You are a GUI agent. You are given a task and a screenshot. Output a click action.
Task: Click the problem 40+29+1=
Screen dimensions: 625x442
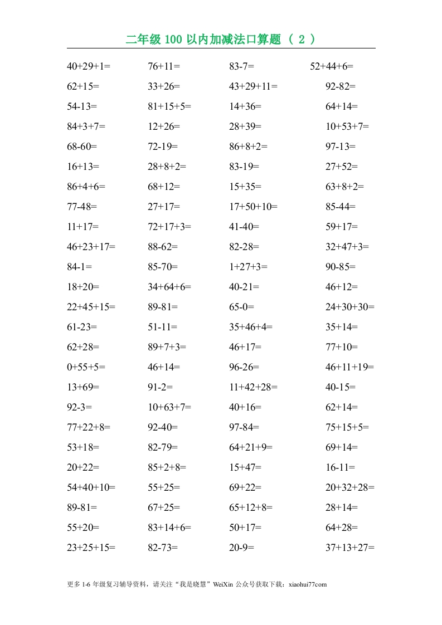click(x=89, y=66)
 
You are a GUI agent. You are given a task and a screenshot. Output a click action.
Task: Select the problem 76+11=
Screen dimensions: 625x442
click(x=164, y=66)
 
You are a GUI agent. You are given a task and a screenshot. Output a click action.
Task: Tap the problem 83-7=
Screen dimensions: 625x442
click(x=241, y=66)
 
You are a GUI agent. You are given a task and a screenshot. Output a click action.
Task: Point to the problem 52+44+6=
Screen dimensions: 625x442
click(x=332, y=66)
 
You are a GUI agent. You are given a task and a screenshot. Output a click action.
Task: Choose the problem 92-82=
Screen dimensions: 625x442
click(x=341, y=86)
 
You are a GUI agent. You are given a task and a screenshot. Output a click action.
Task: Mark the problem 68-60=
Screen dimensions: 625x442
click(x=82, y=147)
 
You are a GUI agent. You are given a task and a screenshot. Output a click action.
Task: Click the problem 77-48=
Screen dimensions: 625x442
click(x=82, y=207)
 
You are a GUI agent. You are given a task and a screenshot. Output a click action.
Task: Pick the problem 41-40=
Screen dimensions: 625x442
click(x=244, y=227)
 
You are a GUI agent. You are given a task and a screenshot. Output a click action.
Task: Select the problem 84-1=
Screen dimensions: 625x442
click(x=79, y=267)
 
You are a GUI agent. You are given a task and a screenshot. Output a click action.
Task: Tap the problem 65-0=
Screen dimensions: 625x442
click(x=241, y=307)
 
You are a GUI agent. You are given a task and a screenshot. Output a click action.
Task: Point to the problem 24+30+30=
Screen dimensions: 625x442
click(x=350, y=307)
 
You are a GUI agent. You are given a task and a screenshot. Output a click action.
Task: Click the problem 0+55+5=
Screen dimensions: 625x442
click(x=86, y=367)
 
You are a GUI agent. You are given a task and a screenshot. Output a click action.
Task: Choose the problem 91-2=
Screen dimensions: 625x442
click(x=161, y=387)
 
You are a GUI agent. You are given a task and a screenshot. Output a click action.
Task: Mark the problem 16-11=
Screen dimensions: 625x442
click(x=341, y=467)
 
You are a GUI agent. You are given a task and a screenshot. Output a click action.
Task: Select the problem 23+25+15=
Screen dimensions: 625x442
click(x=91, y=548)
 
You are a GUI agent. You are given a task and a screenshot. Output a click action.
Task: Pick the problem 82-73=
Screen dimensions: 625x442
click(x=163, y=548)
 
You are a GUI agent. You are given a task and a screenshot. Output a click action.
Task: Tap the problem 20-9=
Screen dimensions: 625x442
click(x=241, y=548)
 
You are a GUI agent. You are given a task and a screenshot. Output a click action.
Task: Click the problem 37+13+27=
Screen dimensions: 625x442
click(x=350, y=548)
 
